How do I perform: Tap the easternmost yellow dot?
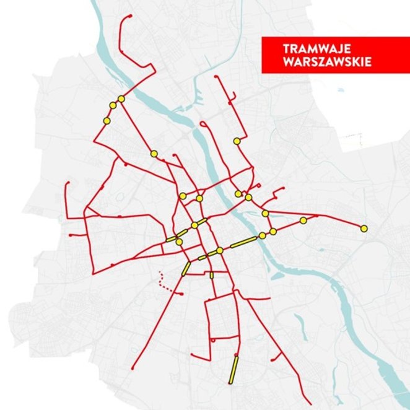pos(364,229)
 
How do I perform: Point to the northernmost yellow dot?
pos(121,99)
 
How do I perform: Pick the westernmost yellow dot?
pos(107,121)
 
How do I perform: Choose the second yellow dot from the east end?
pos(303,220)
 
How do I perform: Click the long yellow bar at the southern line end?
pos(233,369)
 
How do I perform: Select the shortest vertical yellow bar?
pos(212,274)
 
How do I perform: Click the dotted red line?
pos(165,282)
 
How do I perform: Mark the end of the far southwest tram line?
pos(132,368)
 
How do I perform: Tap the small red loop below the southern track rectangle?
pos(212,340)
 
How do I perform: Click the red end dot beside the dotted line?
pos(181,294)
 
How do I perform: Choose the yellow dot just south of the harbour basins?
pos(237,141)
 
